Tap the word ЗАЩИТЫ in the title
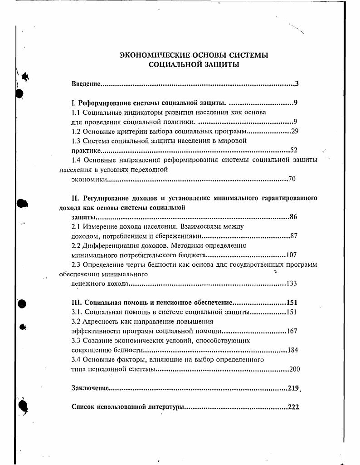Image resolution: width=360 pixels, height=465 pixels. (221, 65)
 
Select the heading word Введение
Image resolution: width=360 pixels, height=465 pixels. (86, 84)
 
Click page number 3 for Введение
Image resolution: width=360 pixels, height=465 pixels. (297, 84)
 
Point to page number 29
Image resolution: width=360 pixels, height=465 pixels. (294, 132)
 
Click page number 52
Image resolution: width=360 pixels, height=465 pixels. (293, 150)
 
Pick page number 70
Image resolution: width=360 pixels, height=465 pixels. (292, 179)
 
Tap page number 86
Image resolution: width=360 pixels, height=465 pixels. (293, 217)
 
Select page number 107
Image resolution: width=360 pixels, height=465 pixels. (292, 255)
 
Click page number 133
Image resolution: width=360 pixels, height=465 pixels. (292, 284)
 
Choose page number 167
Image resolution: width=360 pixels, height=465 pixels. (292, 331)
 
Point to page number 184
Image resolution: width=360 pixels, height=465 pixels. (292, 350)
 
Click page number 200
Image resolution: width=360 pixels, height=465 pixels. (295, 369)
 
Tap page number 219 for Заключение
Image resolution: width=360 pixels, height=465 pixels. (293, 388)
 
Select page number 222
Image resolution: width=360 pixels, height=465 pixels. (293, 407)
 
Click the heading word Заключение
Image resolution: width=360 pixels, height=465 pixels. (90, 388)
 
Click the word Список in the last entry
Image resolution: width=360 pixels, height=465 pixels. (83, 407)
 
